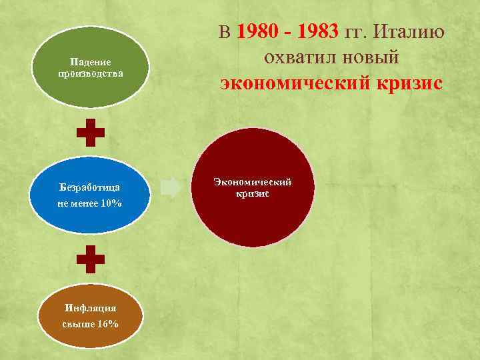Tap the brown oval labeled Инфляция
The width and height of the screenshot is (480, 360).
coord(91,315)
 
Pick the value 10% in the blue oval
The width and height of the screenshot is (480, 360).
coord(109,203)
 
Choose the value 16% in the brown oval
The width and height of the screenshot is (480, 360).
coord(107,324)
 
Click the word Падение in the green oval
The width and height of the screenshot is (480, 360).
coord(90,61)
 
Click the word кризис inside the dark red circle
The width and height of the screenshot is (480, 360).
coord(252,194)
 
